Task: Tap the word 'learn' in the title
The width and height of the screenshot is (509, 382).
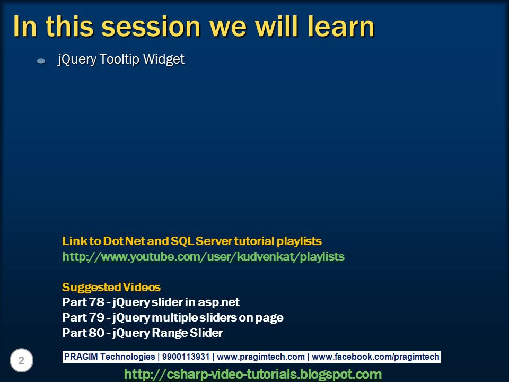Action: tap(336, 26)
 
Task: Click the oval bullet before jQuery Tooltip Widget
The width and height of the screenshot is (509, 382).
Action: tap(41, 62)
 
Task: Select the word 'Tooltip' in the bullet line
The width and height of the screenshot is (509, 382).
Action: tap(118, 59)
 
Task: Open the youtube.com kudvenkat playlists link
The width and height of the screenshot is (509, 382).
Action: tap(203, 257)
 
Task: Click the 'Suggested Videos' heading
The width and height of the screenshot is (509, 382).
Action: tap(111, 288)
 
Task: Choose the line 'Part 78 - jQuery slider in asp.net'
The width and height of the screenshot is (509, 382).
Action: tap(151, 302)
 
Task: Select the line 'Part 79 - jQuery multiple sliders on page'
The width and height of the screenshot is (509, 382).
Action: tap(172, 318)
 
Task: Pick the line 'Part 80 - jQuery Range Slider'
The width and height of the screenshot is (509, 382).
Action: tap(142, 333)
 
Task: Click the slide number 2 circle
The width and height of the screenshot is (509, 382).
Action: tap(21, 361)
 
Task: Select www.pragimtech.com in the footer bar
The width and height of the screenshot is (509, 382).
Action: tap(261, 357)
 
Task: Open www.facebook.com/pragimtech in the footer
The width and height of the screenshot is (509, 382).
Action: tap(375, 357)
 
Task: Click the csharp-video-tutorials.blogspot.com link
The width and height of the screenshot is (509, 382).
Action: tap(252, 375)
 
